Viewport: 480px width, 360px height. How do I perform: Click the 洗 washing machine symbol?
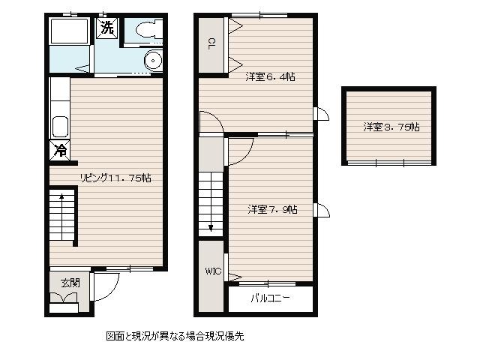[x=106, y=28]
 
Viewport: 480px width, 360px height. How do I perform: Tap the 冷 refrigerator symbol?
[x=60, y=150]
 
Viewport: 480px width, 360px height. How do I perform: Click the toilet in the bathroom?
[x=148, y=30]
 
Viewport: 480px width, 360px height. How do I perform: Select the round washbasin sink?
[x=153, y=60]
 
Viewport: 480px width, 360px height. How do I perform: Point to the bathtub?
[x=70, y=31]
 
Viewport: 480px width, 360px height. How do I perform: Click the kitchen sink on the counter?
[x=60, y=127]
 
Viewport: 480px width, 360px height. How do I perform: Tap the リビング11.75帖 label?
[x=115, y=178]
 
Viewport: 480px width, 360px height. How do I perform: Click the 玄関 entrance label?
[x=70, y=283]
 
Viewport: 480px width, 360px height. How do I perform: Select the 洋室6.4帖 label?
[x=270, y=76]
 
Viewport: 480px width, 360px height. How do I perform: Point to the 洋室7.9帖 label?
[x=272, y=209]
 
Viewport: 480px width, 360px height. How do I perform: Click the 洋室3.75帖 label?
[x=391, y=127]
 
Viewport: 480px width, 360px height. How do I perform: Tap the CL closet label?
[x=211, y=43]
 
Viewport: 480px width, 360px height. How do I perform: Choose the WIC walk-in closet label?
[x=213, y=271]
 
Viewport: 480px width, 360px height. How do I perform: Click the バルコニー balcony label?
[x=270, y=298]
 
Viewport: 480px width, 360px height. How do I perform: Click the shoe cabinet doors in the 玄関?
[x=64, y=298]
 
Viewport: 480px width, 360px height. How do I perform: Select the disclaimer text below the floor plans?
[x=175, y=336]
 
